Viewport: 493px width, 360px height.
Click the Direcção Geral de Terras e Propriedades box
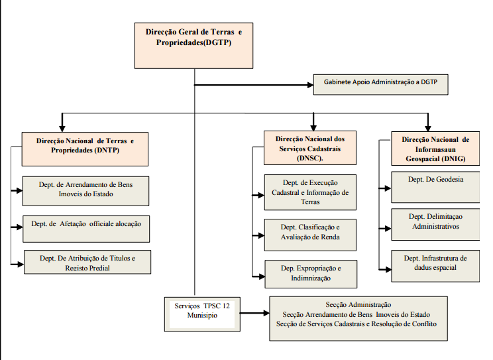tap(193, 46)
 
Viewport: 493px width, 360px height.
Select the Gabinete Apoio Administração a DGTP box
tap(381, 85)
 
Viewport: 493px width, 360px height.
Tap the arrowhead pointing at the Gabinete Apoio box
tap(310, 85)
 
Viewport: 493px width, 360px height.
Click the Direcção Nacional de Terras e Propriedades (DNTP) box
tap(85, 149)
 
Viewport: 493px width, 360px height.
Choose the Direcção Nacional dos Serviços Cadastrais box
tap(310, 148)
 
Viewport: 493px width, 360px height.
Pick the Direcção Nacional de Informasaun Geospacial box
tap(435, 149)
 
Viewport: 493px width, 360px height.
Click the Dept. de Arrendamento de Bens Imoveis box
tap(85, 191)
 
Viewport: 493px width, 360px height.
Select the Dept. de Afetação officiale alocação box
tap(86, 229)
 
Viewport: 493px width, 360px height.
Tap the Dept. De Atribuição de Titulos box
tap(87, 262)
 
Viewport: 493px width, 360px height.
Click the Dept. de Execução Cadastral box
tap(310, 192)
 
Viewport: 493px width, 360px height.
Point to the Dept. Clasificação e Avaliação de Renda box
tap(310, 235)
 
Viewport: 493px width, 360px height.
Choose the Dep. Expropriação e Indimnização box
tap(311, 274)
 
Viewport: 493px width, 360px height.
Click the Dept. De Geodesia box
tap(435, 187)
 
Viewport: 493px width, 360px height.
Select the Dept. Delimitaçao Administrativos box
tap(435, 224)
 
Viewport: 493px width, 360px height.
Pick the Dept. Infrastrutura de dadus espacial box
tap(435, 266)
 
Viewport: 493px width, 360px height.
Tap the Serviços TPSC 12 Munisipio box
tap(202, 314)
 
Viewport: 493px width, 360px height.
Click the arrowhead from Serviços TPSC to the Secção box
tap(266, 313)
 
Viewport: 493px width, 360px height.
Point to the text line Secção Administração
tap(358, 304)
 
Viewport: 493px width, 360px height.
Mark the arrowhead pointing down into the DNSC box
tap(313, 127)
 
